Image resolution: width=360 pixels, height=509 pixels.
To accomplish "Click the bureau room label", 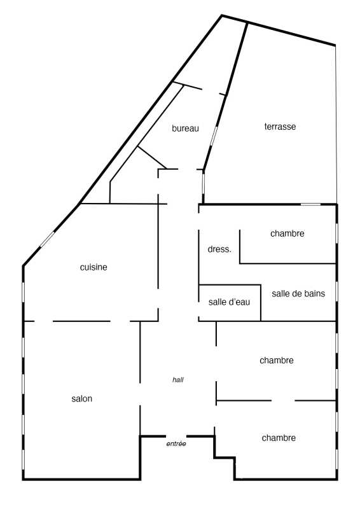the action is pyautogui.click(x=185, y=129).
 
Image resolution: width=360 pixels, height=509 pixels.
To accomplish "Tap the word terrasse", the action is pyautogui.click(x=280, y=127).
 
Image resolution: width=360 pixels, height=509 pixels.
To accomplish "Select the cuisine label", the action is pyautogui.click(x=93, y=267).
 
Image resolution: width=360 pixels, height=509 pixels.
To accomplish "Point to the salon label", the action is pyautogui.click(x=82, y=399).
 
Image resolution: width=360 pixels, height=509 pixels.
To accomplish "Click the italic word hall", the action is pyautogui.click(x=178, y=379).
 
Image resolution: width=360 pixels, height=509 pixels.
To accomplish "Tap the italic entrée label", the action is pyautogui.click(x=176, y=443).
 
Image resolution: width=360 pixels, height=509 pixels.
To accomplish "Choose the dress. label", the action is pyautogui.click(x=219, y=249).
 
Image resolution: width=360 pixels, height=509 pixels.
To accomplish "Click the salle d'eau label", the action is pyautogui.click(x=229, y=302).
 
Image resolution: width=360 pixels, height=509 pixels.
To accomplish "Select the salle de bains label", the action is pyautogui.click(x=298, y=293).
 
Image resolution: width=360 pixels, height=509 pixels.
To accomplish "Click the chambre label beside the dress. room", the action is pyautogui.click(x=287, y=234).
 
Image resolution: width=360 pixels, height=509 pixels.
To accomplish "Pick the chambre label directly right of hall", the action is pyautogui.click(x=277, y=360).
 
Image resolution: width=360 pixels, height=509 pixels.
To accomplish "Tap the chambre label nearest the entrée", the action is pyautogui.click(x=279, y=438).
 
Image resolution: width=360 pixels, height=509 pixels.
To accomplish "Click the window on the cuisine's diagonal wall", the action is pyautogui.click(x=47, y=240).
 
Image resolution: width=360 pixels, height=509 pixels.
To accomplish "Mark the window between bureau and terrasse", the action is pyautogui.click(x=214, y=136).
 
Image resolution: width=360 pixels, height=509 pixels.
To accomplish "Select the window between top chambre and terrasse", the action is pyautogui.click(x=310, y=204).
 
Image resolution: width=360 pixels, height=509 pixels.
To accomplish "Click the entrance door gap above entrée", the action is pyautogui.click(x=176, y=436).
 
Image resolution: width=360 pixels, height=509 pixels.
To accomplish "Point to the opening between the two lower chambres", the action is pyautogui.click(x=283, y=401).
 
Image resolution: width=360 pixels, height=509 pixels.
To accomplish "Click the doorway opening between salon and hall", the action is pyautogui.click(x=140, y=394).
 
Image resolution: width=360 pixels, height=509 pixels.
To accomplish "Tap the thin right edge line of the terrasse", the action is pyautogui.click(x=336, y=124).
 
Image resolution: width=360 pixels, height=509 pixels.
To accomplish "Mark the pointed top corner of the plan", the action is pyautogui.click(x=222, y=15).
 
